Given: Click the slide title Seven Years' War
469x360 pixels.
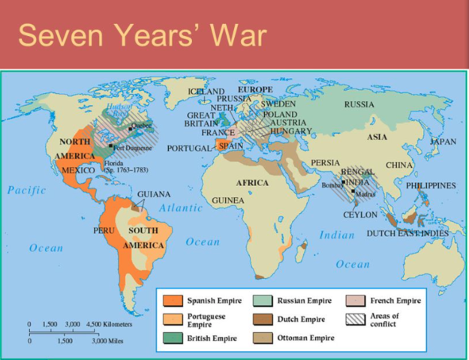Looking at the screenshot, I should tap(142, 34).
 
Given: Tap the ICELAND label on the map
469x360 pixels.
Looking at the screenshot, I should tap(206, 91).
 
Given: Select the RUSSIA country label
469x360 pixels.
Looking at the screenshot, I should tap(359, 105).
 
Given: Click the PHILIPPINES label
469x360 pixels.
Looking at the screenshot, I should tap(431, 185).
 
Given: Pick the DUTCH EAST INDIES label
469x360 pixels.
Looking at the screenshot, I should tap(407, 233).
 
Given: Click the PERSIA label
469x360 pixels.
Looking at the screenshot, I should tap(325, 162).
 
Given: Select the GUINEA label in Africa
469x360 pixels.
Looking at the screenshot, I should tap(228, 201).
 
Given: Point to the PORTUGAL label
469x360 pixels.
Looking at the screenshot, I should tap(188, 148).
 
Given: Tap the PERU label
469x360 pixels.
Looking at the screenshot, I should tap(104, 230).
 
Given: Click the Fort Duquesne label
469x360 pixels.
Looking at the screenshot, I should tap(134, 148).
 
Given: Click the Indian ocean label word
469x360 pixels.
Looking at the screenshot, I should tap(337, 235).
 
